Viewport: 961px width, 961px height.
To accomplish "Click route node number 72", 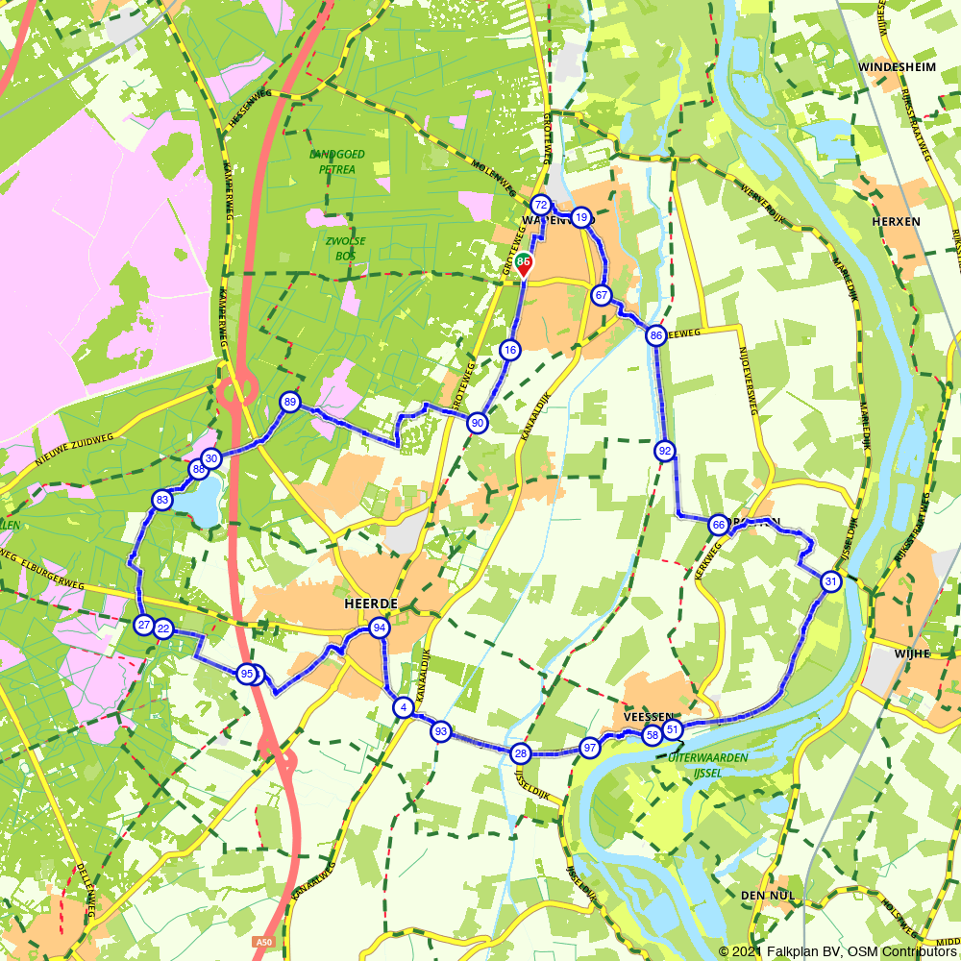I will click(540, 206).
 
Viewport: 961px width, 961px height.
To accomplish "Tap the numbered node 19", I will click(580, 217).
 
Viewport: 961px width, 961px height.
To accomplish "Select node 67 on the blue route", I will click(602, 295).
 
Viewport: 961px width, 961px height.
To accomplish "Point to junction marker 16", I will click(509, 350).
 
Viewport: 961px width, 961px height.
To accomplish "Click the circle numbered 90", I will click(476, 423).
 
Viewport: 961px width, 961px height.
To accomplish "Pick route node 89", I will click(289, 402).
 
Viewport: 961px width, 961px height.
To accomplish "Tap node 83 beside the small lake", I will click(161, 500).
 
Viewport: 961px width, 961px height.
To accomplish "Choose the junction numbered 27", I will click(144, 626).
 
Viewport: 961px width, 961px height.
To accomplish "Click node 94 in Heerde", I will click(379, 628).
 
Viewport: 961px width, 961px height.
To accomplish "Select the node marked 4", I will click(403, 707).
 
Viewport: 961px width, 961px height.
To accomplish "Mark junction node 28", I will click(521, 752).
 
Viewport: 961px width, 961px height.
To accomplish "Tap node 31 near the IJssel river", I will click(830, 581).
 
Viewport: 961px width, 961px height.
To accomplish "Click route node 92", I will click(664, 450).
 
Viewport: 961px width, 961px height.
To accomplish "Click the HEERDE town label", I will click(370, 603).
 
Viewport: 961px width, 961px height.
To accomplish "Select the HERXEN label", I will click(896, 221).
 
